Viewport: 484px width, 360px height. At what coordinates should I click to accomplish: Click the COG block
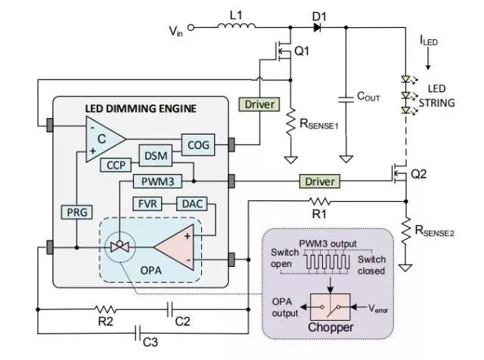[x=198, y=142]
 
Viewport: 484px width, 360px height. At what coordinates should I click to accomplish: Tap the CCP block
[x=116, y=164]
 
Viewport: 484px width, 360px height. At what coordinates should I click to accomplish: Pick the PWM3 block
[x=157, y=182]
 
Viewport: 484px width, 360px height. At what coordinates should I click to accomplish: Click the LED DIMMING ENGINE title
[x=140, y=108]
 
